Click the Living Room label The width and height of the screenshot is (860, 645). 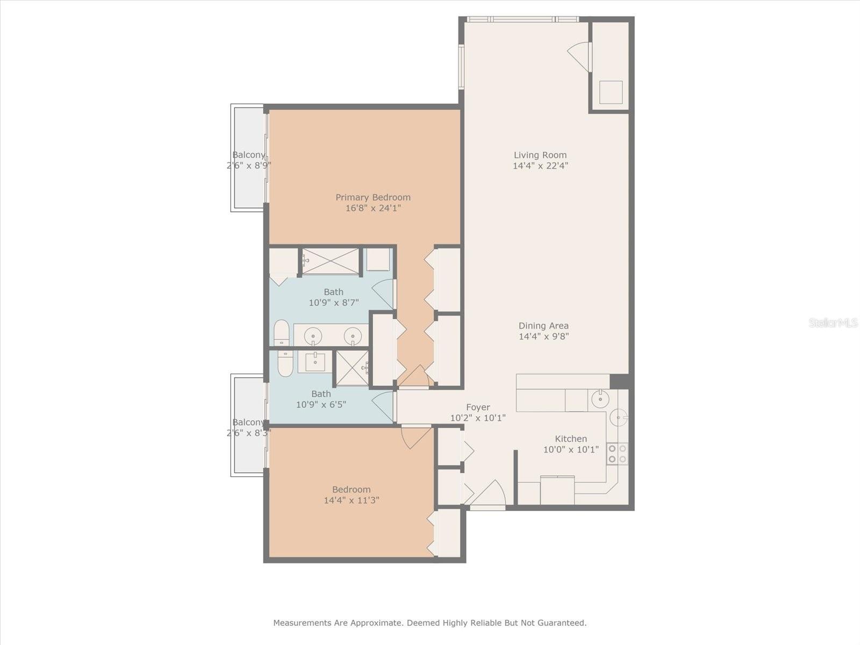coord(540,155)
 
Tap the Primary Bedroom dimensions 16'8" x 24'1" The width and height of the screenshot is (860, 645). coord(373,208)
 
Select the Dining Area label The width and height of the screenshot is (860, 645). coord(543,326)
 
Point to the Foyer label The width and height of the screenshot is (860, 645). coord(478,407)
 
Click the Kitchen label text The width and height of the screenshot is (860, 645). coord(571,439)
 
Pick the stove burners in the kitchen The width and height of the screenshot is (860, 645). coord(618,454)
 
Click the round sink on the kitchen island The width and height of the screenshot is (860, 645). coord(600,399)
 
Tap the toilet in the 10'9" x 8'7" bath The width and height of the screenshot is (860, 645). coord(281,333)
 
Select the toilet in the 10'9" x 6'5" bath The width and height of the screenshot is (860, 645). coord(285,363)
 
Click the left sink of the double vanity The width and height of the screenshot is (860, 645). coord(313,336)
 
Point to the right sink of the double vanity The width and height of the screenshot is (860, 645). coord(353,336)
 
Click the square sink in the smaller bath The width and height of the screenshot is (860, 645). coord(315,362)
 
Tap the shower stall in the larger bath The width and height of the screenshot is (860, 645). coord(331,261)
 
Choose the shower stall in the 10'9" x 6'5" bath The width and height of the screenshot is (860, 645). coord(353,368)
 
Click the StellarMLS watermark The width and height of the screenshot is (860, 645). coord(833,322)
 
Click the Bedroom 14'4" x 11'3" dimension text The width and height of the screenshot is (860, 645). coord(352,500)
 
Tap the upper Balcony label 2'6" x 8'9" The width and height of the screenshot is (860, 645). coord(249,160)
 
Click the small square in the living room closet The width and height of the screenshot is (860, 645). coord(611,92)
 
